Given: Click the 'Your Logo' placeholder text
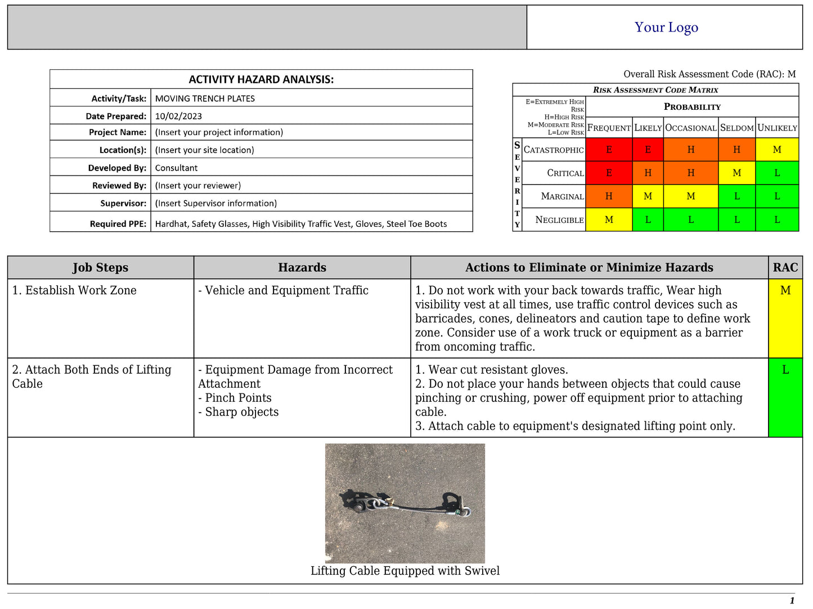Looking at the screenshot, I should pos(666,27).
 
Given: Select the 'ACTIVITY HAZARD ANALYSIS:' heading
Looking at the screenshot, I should pos(261,79).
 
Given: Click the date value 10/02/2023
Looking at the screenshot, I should pos(178,116).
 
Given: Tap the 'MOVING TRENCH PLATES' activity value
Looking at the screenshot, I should pos(205,98).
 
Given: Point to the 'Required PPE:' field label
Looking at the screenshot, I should pos(118,223).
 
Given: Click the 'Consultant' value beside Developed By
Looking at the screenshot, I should pos(176,168).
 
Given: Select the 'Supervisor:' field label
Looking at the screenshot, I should pos(123,203).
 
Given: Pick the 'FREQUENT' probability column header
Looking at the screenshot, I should pos(609,128).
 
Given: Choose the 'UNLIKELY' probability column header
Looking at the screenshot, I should pos(777,128).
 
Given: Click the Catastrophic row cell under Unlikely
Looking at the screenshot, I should pos(777,150).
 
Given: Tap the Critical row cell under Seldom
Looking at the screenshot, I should pos(736,173).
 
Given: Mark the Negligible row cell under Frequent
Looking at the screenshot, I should pos(609,220).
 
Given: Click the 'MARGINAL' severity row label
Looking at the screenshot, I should pos(562,196).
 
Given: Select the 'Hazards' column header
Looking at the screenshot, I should pos(302,267).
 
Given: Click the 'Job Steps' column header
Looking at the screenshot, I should pos(100,267).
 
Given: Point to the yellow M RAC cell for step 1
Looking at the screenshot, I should pos(785,318).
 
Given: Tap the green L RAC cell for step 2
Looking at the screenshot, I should pos(785,397).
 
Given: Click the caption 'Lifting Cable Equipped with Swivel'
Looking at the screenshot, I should pos(405,571).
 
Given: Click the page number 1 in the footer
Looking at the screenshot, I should pos(792,601).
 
